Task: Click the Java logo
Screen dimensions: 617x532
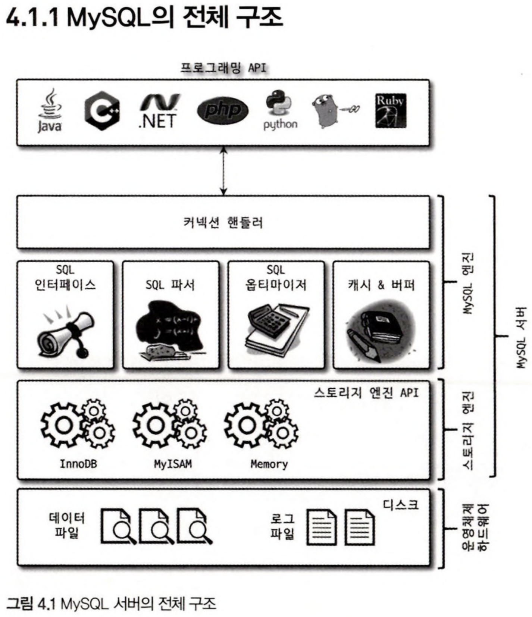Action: pos(50,111)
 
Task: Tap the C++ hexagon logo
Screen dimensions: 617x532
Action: pos(102,111)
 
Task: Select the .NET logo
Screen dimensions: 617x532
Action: pos(158,111)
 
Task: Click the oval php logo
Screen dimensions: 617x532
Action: pos(222,110)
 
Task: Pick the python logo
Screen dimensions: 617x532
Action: pos(280,110)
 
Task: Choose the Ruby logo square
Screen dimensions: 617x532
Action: pos(391,111)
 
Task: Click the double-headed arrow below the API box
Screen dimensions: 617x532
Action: pos(223,171)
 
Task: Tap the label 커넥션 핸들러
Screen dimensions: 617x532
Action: pos(223,223)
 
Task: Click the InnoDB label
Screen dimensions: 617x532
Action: pos(78,464)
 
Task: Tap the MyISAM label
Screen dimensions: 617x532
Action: pos(173,464)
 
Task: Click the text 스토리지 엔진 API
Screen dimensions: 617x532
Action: pos(366,393)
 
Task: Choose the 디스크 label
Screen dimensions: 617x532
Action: pos(401,505)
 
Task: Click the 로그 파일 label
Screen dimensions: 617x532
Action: pos(282,526)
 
